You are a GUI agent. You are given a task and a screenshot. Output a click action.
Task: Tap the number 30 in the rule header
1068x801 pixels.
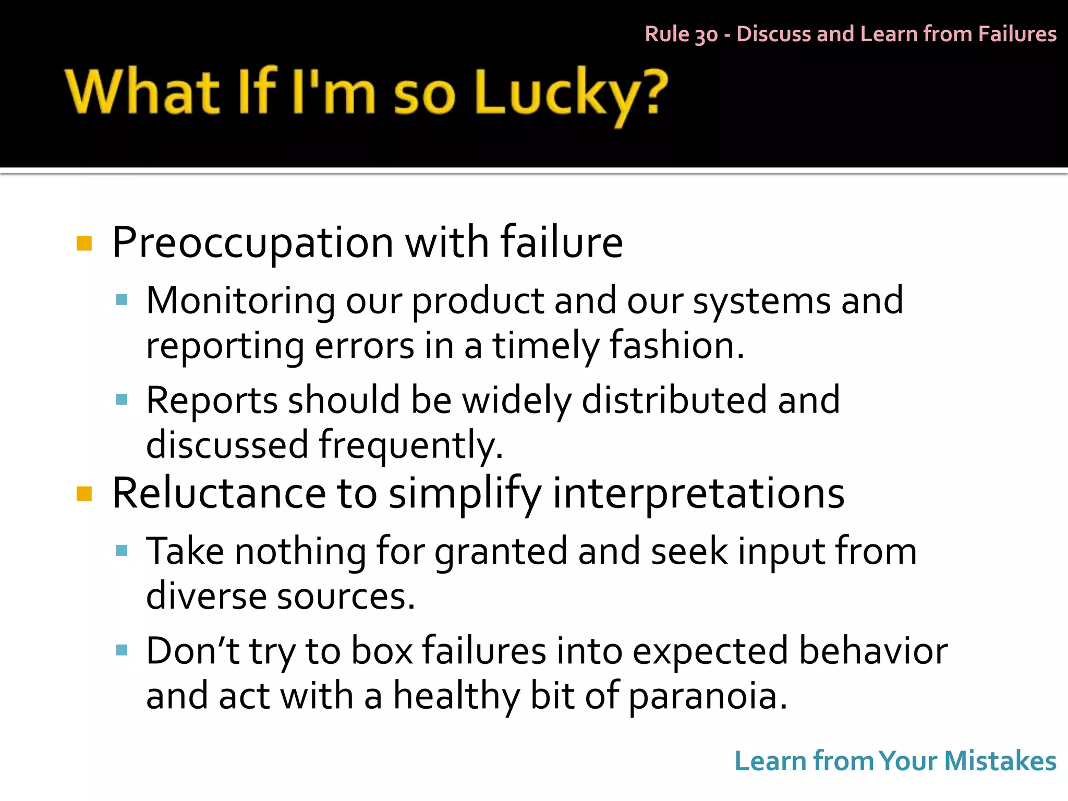706,35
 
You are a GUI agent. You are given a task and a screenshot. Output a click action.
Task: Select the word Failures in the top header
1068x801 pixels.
1017,34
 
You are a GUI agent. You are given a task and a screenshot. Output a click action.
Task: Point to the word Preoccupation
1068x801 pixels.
252,243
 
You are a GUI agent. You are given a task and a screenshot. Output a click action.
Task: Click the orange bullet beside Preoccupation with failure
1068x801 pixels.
84,244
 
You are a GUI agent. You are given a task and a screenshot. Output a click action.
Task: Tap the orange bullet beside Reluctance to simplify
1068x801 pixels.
84,493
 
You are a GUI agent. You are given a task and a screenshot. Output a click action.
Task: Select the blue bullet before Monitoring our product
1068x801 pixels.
122,300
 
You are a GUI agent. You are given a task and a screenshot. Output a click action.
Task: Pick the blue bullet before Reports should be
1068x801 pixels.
122,400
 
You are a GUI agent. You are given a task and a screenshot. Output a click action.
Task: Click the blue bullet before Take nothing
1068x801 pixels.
122,551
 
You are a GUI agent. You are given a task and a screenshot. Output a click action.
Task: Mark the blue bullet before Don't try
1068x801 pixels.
122,650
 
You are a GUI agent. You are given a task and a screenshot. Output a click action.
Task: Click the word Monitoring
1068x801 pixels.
240,301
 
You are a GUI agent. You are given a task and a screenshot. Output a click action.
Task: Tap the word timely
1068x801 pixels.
545,346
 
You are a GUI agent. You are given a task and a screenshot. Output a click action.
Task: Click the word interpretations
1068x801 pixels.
698,494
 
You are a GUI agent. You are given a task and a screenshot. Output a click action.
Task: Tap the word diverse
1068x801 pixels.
205,596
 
